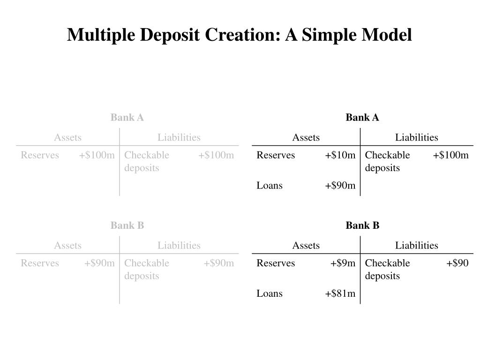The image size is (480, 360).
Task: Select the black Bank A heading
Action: point(362,118)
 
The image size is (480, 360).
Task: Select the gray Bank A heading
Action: point(127,118)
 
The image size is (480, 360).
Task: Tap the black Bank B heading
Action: point(362,225)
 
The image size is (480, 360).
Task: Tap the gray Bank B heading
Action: point(127,225)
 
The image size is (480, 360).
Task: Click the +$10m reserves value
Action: point(340,155)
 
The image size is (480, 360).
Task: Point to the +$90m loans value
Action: point(340,186)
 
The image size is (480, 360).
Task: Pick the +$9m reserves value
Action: point(343,263)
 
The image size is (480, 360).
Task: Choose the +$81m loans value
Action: point(340,293)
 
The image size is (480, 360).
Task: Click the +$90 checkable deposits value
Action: point(457,263)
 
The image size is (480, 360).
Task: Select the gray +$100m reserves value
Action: point(97,155)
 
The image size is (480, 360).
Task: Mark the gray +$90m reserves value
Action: point(99,263)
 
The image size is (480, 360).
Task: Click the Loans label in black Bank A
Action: point(270,186)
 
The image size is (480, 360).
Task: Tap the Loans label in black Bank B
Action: point(270,293)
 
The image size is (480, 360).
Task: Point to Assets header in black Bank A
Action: point(306,137)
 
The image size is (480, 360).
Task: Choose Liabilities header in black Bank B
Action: point(416,245)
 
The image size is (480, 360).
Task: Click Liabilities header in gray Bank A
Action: point(179,137)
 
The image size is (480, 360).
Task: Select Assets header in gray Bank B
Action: point(67,245)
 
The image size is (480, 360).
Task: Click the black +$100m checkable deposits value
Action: point(450,155)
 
